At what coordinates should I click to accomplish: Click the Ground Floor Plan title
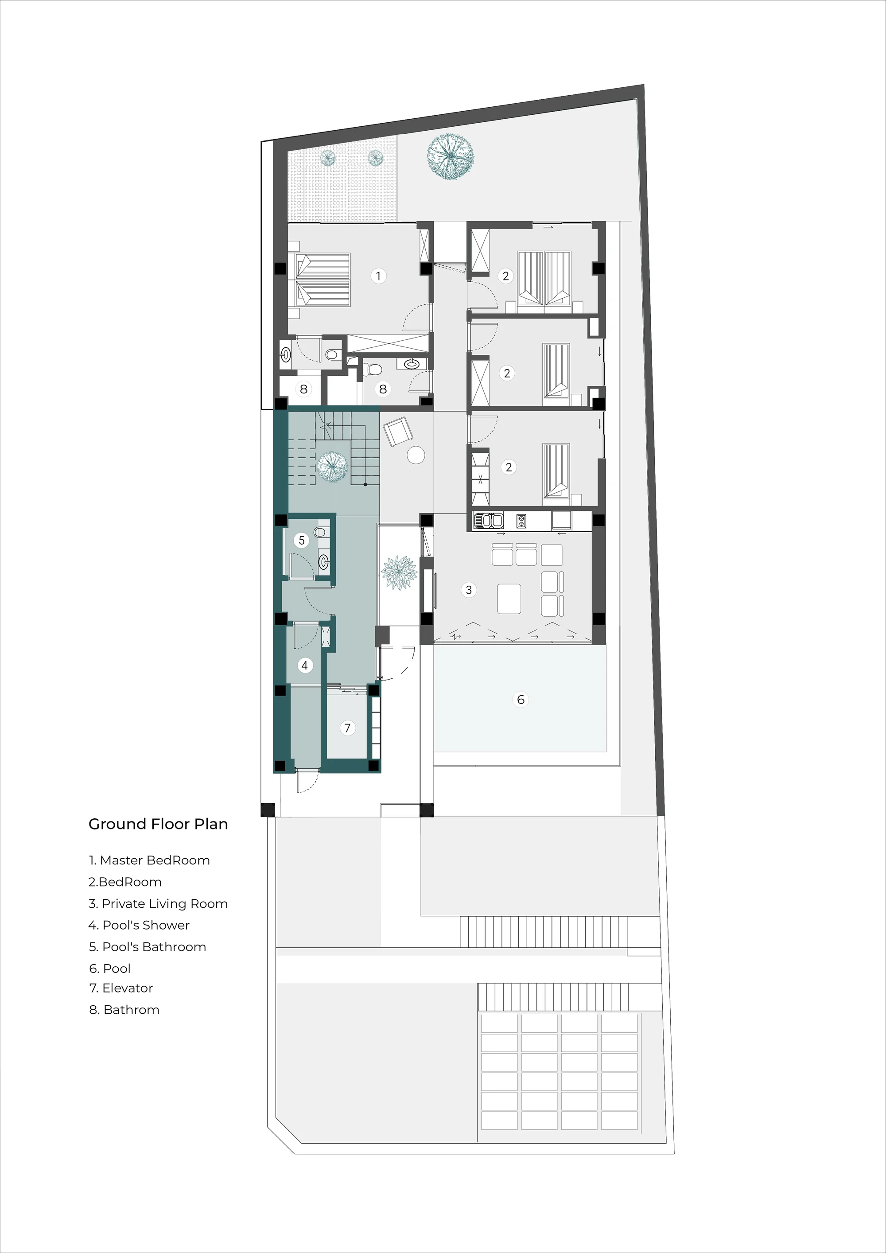[x=158, y=824]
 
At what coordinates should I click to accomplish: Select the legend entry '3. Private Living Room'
[x=158, y=904]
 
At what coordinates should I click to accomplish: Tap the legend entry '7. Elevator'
[x=121, y=988]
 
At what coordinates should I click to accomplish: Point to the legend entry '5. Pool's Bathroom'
[x=148, y=947]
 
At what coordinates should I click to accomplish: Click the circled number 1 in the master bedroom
[x=378, y=276]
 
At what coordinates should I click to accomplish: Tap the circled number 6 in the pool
[x=521, y=700]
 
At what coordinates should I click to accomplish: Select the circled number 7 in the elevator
[x=347, y=728]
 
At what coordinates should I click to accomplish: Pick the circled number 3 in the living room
[x=469, y=589]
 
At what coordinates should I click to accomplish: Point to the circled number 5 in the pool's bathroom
[x=301, y=540]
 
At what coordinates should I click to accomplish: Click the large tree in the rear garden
[x=450, y=157]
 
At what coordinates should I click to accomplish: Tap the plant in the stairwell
[x=332, y=467]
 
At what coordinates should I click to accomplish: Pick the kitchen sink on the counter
[x=488, y=521]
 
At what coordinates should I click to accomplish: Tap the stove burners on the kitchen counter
[x=521, y=521]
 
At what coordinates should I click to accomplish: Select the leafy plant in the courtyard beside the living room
[x=399, y=572]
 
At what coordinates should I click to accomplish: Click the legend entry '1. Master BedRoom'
[x=149, y=860]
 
